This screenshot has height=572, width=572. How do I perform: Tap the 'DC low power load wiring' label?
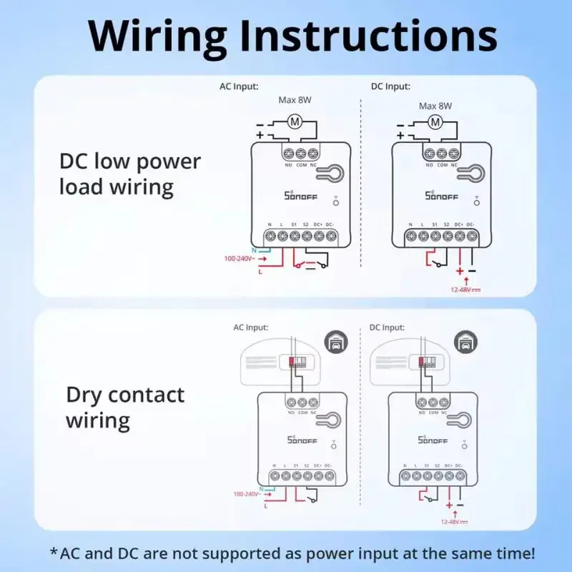pos(130,174)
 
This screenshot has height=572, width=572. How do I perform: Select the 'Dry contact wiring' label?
pos(125,407)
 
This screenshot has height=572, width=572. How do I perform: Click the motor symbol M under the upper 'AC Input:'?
pos(294,122)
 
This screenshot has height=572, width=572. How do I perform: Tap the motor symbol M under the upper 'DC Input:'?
pos(435,123)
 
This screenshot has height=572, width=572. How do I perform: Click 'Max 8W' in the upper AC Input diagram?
pos(295,102)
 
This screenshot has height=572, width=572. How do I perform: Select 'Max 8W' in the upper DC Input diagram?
pos(435,106)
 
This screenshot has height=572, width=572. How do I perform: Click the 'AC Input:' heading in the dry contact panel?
pos(250,327)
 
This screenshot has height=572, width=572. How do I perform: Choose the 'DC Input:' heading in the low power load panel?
pos(390,87)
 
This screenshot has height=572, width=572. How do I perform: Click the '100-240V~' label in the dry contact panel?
pos(247,494)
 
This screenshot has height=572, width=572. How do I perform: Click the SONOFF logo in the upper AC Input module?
pos(295,194)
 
